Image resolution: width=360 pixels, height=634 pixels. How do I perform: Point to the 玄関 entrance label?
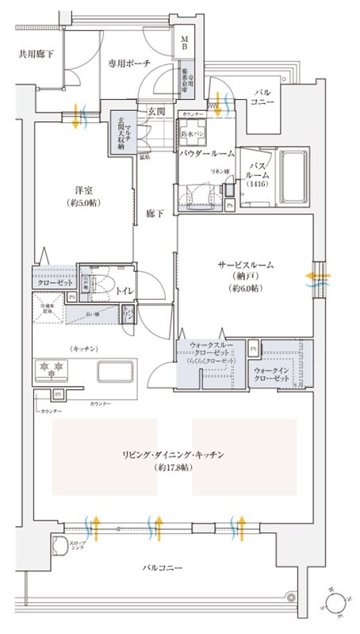(x=155, y=113)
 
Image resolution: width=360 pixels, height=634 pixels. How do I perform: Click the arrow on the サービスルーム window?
(x=319, y=278)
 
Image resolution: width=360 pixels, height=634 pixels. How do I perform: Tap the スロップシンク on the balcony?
(x=60, y=546)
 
